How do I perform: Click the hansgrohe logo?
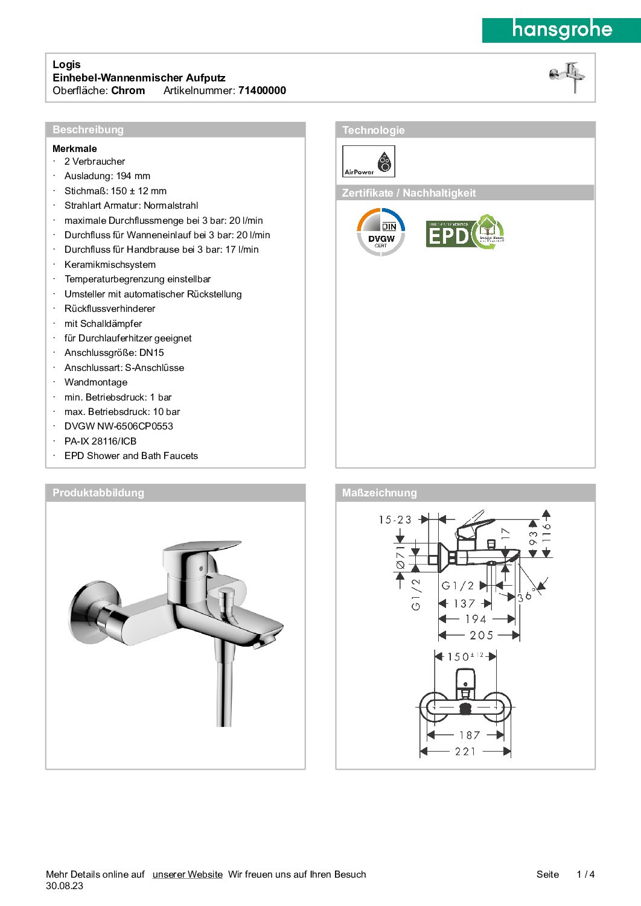561,30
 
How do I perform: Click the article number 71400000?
262,90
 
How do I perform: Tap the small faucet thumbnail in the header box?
567,77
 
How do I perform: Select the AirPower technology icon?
368,161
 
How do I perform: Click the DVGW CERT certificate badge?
381,232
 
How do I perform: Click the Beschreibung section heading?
88,130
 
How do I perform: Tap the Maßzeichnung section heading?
379,493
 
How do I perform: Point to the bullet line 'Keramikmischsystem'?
110,265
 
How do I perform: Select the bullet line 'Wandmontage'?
96,382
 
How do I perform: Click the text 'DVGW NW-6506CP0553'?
119,426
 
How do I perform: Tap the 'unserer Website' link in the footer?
187,875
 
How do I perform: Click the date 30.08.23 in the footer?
65,886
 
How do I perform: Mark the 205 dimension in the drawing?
481,635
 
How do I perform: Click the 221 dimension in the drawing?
465,752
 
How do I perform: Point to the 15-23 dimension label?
395,520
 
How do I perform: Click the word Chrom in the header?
128,90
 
